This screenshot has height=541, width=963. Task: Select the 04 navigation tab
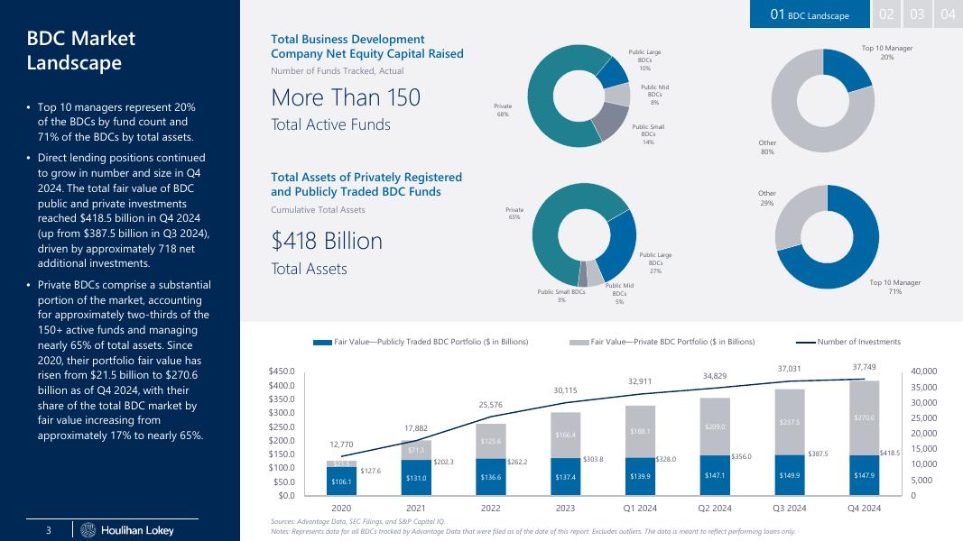(948, 14)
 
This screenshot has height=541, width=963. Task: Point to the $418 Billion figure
(327, 242)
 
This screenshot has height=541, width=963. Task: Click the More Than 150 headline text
(346, 98)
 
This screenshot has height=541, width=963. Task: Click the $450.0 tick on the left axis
(287, 371)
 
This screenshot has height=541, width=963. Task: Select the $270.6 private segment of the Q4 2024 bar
(865, 417)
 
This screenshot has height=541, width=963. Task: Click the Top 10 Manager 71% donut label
(894, 287)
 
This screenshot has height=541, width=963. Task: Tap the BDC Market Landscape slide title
(80, 50)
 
